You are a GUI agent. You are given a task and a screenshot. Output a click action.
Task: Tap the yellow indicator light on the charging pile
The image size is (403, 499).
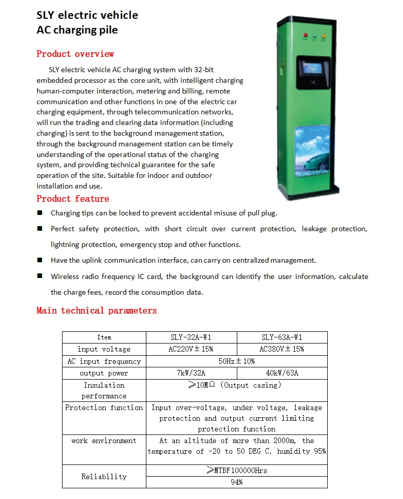point(323,37)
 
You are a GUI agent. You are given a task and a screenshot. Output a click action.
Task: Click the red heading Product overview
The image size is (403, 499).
point(75,54)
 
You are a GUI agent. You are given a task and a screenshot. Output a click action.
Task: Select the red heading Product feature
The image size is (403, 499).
point(73,199)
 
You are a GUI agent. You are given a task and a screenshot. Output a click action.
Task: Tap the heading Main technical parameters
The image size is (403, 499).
point(97,310)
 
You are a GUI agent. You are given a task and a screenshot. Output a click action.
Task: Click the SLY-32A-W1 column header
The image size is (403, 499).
point(191,337)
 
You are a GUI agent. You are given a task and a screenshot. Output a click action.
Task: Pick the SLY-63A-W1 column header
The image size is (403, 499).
point(282,337)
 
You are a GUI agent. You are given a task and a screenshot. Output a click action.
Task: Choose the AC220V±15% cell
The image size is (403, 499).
point(191,349)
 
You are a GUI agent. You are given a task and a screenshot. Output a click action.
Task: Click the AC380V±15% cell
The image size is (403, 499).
point(282,349)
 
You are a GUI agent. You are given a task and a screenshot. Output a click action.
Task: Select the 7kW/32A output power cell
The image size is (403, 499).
point(191,373)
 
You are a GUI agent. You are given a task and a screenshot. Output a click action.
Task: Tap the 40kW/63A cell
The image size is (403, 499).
point(282,373)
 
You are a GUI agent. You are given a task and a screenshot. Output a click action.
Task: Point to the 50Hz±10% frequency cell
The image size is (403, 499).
point(236,361)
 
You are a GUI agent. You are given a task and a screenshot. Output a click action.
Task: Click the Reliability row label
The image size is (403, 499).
point(104,477)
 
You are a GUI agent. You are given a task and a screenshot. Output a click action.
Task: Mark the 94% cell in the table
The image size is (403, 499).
point(236,482)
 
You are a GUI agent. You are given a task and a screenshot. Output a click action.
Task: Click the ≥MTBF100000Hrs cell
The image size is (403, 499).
point(236,471)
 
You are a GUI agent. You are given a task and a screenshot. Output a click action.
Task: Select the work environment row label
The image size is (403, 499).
point(104,441)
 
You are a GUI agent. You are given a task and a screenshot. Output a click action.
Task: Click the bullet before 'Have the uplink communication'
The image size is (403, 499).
point(40,260)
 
